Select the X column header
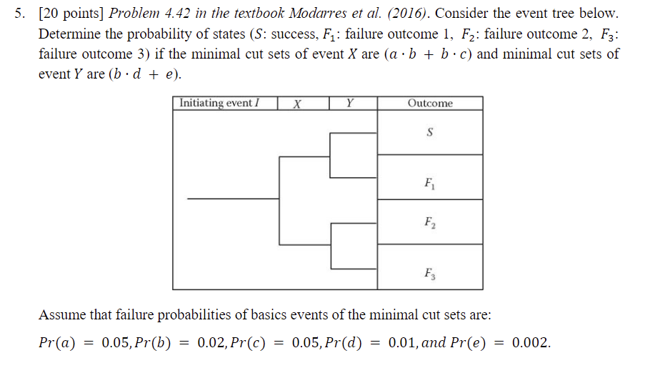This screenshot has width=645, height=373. tap(297, 104)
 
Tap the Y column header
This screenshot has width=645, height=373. tap(349, 104)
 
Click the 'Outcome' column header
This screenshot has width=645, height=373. tap(430, 104)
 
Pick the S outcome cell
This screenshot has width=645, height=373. tap(430, 132)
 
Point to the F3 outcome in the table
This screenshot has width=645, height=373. tap(429, 272)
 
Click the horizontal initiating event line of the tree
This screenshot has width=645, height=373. tap(233, 199)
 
